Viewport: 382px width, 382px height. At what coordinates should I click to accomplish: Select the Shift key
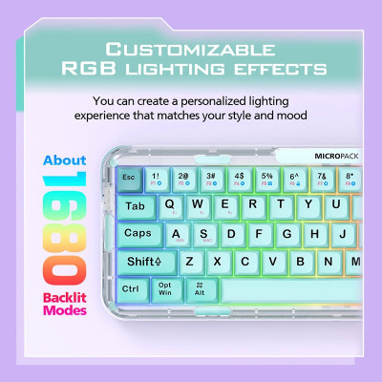click(145, 261)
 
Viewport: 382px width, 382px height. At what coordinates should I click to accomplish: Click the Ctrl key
click(132, 288)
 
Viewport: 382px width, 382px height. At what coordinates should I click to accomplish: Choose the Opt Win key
click(165, 288)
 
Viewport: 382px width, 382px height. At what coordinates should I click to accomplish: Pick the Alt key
click(200, 288)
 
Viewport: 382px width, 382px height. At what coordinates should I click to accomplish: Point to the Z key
click(189, 261)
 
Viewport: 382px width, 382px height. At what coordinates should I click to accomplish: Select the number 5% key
click(267, 177)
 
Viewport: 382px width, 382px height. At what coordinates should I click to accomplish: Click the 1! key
click(157, 177)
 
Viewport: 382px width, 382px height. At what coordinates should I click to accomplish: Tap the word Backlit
click(64, 298)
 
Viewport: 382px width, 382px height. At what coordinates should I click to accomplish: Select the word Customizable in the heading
click(191, 49)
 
